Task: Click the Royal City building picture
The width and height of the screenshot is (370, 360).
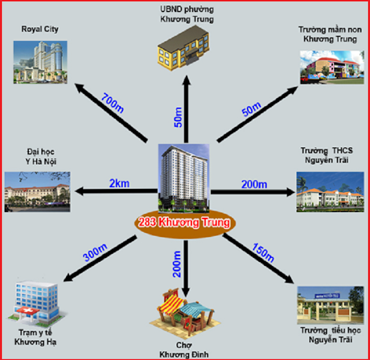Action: coord(39,60)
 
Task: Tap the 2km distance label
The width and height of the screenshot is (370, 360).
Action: coord(118,183)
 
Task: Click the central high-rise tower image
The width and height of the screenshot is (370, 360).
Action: coord(184,176)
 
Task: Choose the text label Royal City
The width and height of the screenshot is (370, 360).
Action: coord(40,28)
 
